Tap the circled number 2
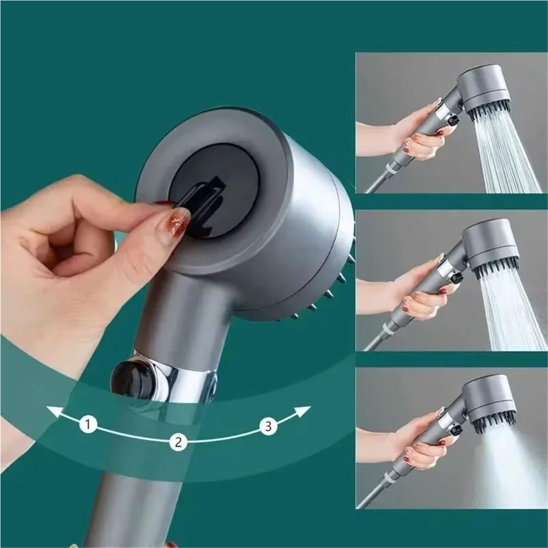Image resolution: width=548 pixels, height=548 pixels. click(176, 442)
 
